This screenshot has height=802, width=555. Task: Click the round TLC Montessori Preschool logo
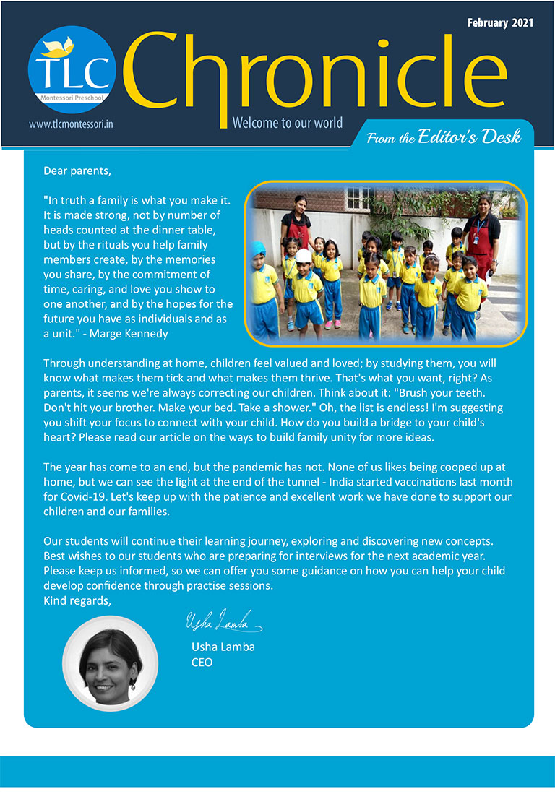coord(72,69)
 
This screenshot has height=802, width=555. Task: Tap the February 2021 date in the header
coord(500,22)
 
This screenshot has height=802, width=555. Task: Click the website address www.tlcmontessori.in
coord(72,124)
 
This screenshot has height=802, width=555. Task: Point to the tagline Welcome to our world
coord(288,122)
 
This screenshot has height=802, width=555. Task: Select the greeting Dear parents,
coord(78,171)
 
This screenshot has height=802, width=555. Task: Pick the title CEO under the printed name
coord(202,662)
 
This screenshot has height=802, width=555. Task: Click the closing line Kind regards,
coord(77,600)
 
